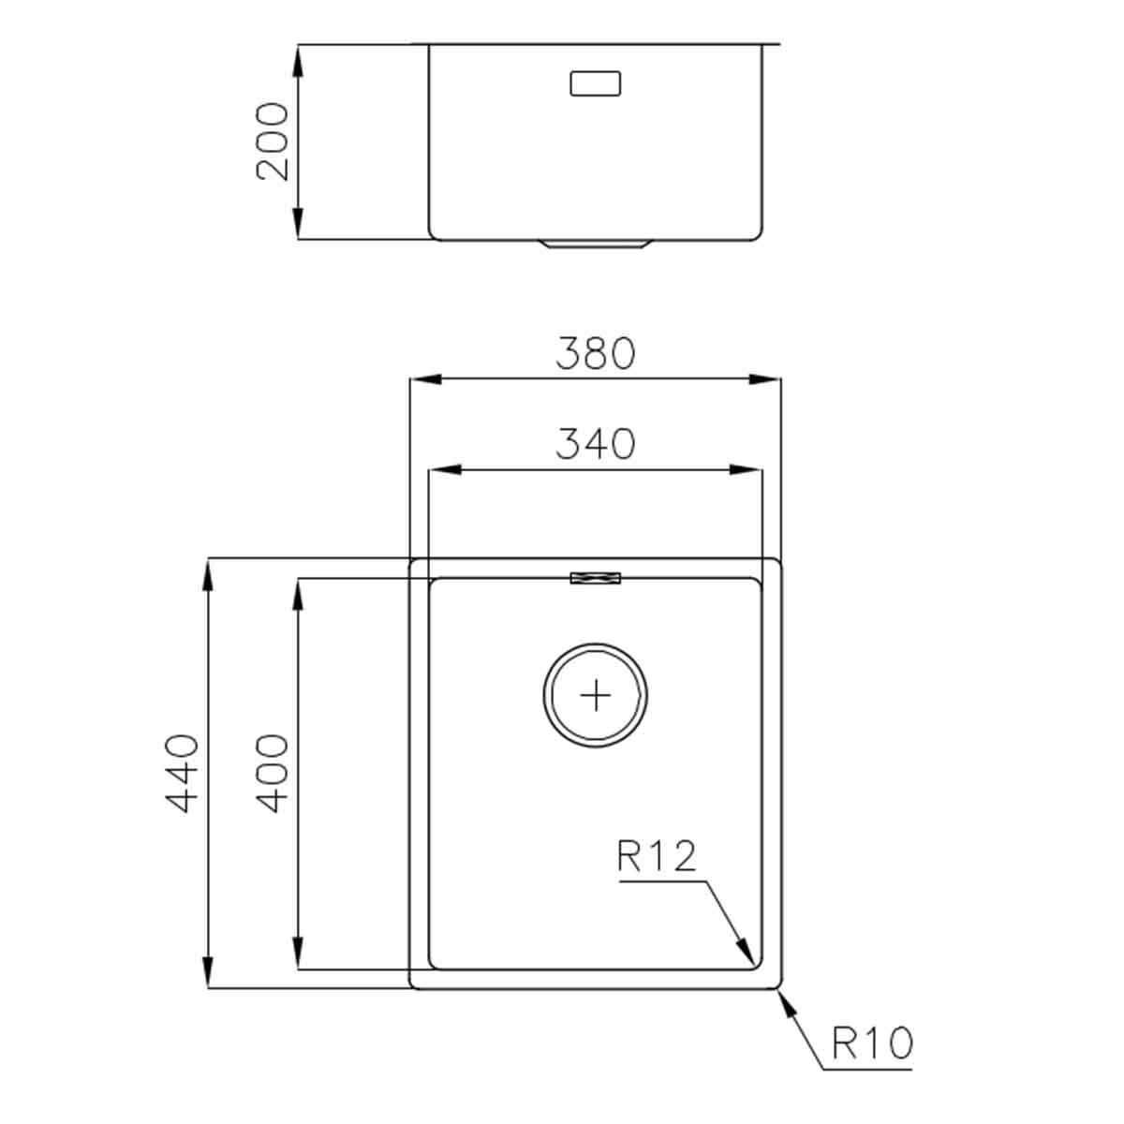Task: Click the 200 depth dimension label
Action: pyautogui.click(x=273, y=141)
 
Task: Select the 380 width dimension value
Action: pyautogui.click(x=596, y=353)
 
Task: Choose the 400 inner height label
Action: pyautogui.click(x=272, y=773)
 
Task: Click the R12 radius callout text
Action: pyautogui.click(x=658, y=856)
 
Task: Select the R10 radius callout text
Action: pyautogui.click(x=871, y=1043)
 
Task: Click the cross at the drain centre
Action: pyautogui.click(x=595, y=696)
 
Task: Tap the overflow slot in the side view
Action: pyautogui.click(x=595, y=83)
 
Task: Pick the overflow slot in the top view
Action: pyautogui.click(x=596, y=579)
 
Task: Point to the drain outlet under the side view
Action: pyautogui.click(x=595, y=245)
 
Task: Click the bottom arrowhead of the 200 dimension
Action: pyautogui.click(x=298, y=226)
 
